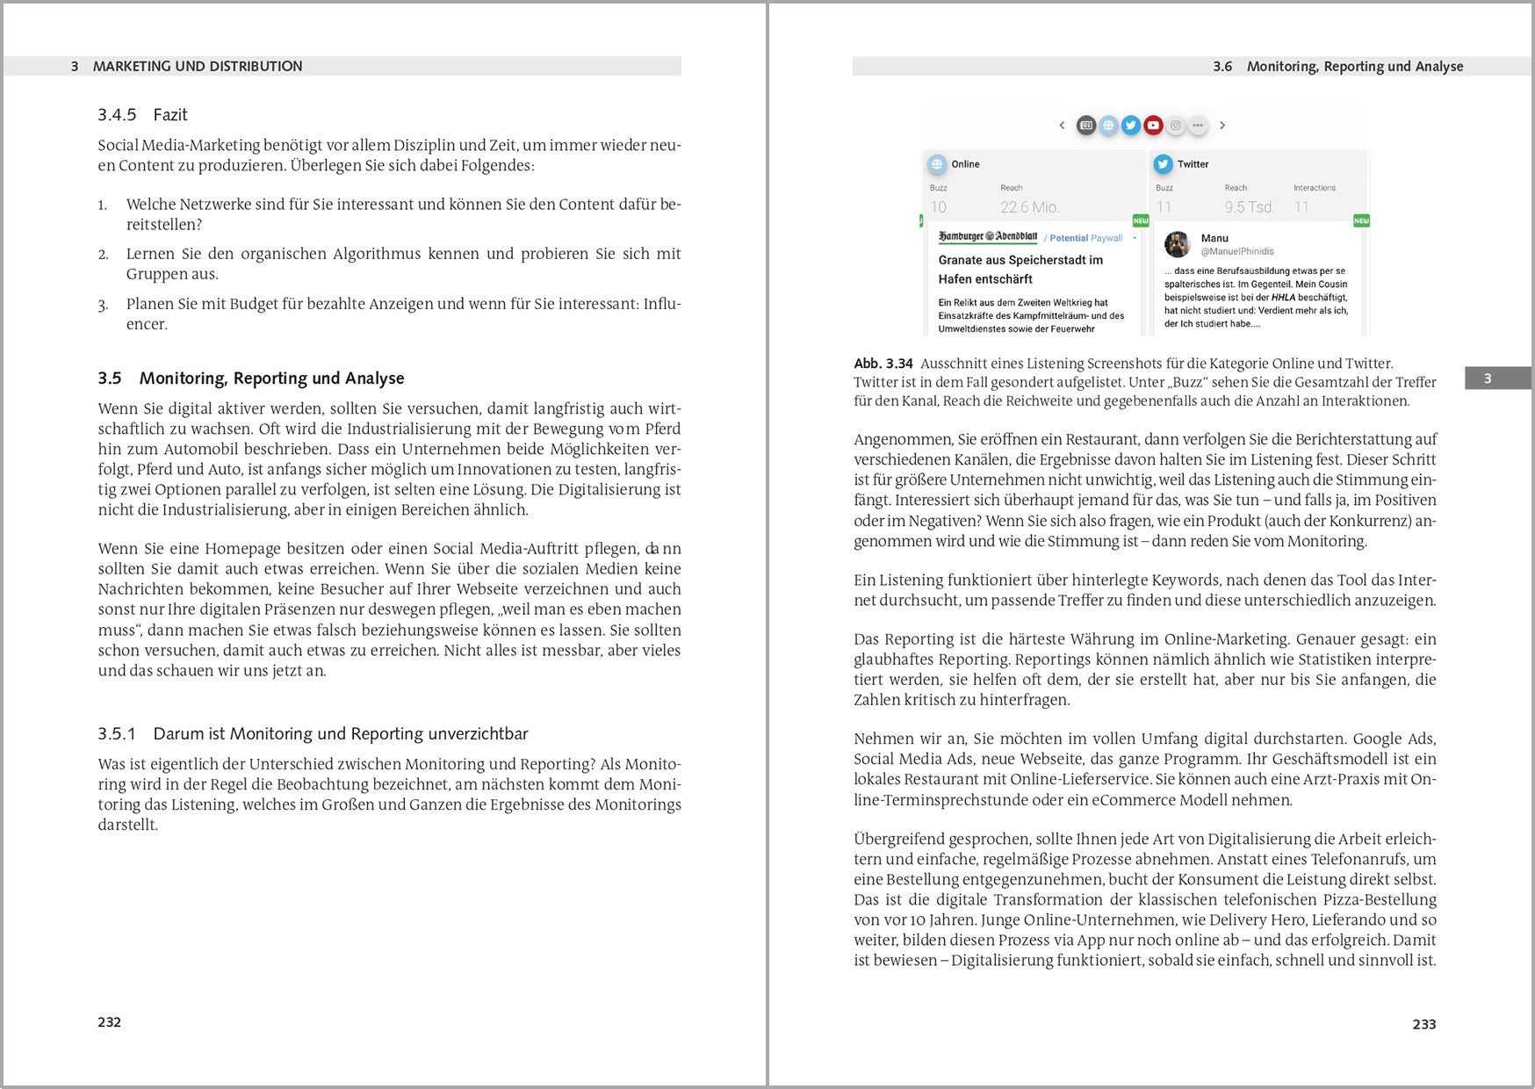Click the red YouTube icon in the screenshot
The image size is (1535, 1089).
pyautogui.click(x=1153, y=126)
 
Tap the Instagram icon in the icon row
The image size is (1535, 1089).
pyautogui.click(x=1176, y=126)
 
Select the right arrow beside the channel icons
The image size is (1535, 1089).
pyautogui.click(x=1222, y=126)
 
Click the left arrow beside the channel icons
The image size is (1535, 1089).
pyautogui.click(x=1062, y=126)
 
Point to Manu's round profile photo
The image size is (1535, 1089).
pyautogui.click(x=1177, y=244)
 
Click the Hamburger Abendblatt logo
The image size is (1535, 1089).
pyautogui.click(x=987, y=237)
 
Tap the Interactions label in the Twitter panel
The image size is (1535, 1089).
pyautogui.click(x=1314, y=188)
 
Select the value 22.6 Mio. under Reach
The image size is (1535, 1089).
pyautogui.click(x=1029, y=207)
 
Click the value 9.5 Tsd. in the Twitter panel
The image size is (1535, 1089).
pyautogui.click(x=1249, y=207)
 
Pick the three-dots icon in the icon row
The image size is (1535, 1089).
pyautogui.click(x=1198, y=126)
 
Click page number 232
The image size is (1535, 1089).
pyautogui.click(x=110, y=1022)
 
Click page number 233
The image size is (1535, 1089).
pyautogui.click(x=1423, y=1024)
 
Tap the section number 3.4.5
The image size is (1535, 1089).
pyautogui.click(x=117, y=115)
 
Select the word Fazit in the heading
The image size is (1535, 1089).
pyautogui.click(x=170, y=115)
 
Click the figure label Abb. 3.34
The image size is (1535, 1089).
pyautogui.click(x=883, y=364)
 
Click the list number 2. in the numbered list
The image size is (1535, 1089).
pyautogui.click(x=103, y=255)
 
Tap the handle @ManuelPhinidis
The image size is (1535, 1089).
pyautogui.click(x=1236, y=251)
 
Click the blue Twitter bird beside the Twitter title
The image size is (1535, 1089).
pyautogui.click(x=1163, y=164)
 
